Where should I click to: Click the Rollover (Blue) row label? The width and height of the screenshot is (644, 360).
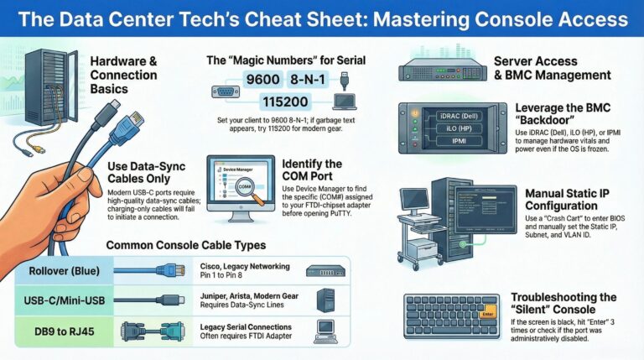click(x=55, y=270)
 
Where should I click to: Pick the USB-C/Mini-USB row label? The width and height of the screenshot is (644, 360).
click(x=56, y=300)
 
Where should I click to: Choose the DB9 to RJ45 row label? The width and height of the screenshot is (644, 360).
click(x=55, y=330)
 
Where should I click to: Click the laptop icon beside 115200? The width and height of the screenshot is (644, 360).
click(x=345, y=102)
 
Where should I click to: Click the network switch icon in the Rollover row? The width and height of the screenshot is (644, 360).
click(x=324, y=270)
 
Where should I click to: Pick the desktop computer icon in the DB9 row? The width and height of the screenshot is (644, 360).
click(x=324, y=329)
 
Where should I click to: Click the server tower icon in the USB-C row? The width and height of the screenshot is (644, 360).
click(x=324, y=300)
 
